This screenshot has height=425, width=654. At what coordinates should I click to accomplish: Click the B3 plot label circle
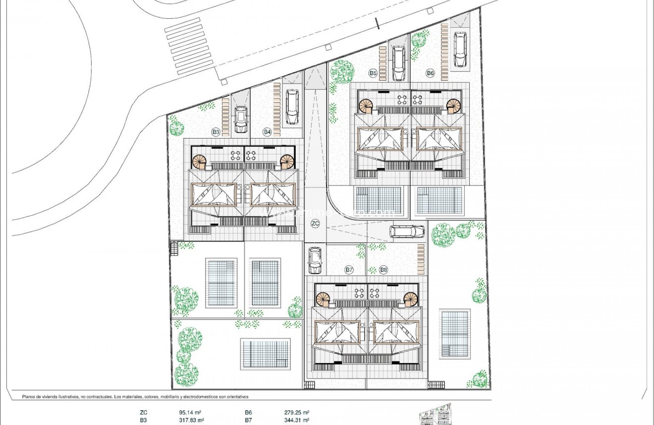point(216,132)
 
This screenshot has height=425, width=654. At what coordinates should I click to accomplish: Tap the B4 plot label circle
point(268,132)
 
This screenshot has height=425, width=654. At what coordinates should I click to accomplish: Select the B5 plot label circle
point(373,73)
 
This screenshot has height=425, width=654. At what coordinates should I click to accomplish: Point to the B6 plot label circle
point(430,73)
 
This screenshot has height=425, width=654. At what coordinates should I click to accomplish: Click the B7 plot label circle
point(349,270)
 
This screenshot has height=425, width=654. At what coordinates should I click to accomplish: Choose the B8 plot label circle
point(383,270)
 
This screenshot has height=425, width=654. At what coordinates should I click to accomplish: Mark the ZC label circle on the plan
point(315,224)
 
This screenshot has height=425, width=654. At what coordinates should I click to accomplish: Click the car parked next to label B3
point(241,120)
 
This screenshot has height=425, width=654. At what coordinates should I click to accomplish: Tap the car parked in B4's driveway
point(292,107)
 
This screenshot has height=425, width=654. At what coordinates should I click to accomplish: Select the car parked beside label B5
point(398,63)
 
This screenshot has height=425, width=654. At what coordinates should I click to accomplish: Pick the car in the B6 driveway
point(460,49)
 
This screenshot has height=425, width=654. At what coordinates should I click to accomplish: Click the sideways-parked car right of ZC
point(407,232)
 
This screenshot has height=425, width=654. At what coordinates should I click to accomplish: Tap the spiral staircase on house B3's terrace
point(200,161)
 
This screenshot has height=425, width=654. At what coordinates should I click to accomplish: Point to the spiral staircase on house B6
point(453,106)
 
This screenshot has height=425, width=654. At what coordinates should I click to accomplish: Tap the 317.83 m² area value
point(192,420)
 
